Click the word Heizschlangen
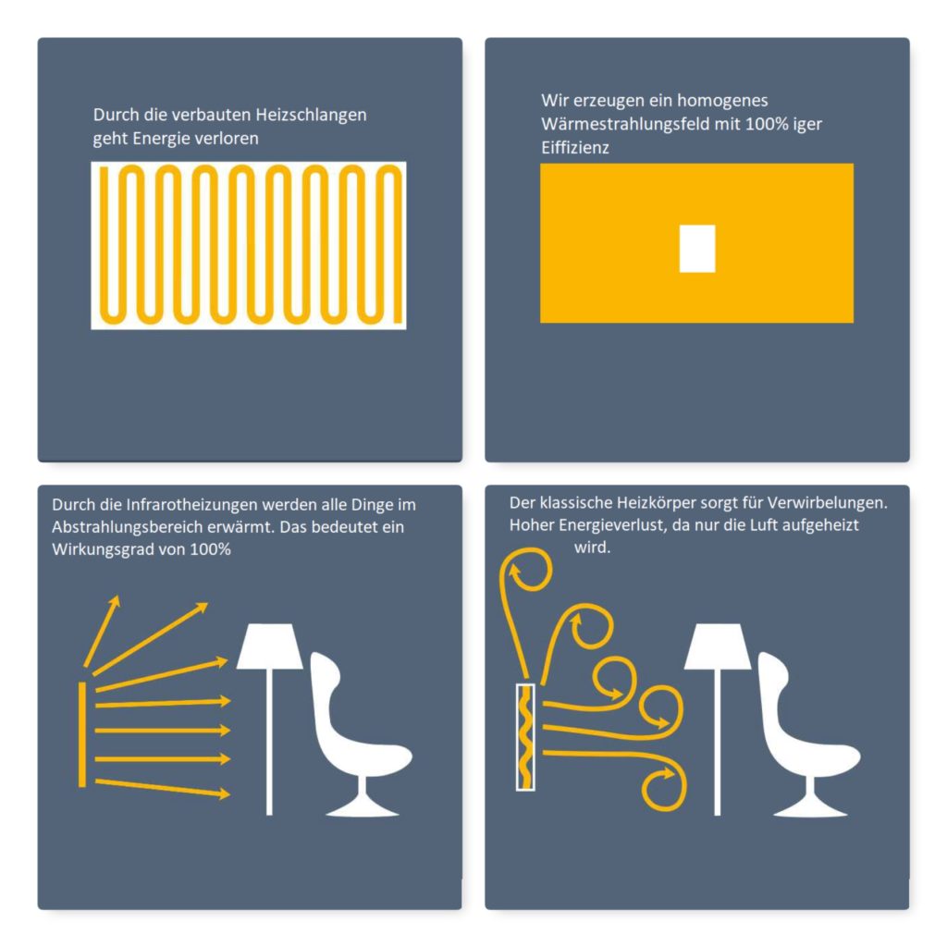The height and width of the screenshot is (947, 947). click(311, 115)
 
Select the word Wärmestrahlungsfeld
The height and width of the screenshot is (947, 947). click(625, 124)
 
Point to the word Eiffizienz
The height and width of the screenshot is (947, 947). click(575, 148)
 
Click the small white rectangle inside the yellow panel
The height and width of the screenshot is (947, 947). click(697, 248)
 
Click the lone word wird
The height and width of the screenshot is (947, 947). click(592, 547)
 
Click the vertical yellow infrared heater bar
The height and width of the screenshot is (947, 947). click(82, 734)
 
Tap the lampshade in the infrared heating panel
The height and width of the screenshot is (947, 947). click(269, 646)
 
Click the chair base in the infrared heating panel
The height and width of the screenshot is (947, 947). click(363, 800)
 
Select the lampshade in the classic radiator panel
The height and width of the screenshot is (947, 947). click(717, 646)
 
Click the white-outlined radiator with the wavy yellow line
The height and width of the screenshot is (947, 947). click(525, 737)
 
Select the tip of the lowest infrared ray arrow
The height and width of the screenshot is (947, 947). click(230, 794)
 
